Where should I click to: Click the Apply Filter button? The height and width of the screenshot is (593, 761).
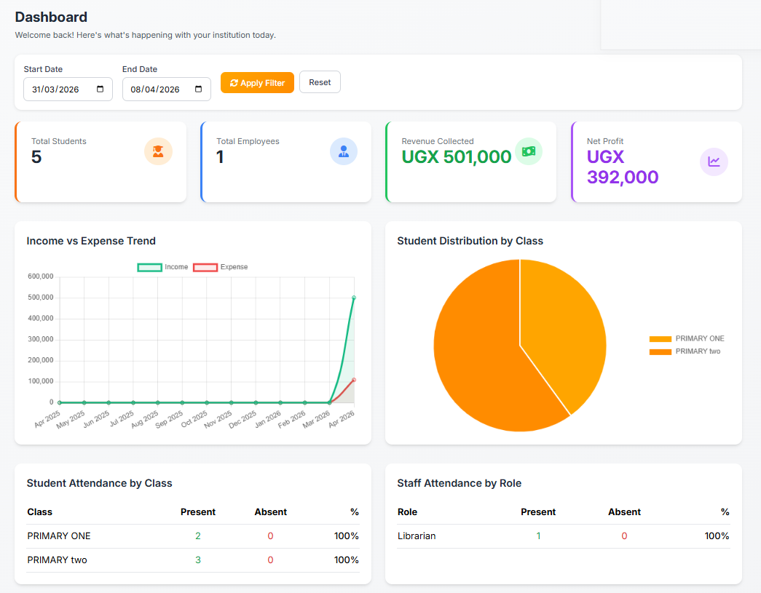tap(257, 83)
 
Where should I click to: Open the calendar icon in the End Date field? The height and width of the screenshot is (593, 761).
tap(199, 89)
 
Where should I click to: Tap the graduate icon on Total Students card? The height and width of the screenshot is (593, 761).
tap(158, 151)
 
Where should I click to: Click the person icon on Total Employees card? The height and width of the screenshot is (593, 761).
tap(344, 151)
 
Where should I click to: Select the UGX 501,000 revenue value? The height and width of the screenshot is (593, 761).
tap(457, 156)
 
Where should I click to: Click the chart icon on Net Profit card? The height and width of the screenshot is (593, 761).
tap(714, 162)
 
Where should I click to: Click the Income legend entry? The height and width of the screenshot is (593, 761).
tap(163, 267)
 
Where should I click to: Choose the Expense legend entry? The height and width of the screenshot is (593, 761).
tap(220, 267)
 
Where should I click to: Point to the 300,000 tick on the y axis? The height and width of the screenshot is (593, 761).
tap(41, 340)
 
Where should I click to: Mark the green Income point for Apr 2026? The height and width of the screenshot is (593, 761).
tap(354, 298)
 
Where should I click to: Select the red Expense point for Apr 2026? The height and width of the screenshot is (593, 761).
tap(354, 380)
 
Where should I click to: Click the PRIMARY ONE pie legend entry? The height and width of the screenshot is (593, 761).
tap(687, 339)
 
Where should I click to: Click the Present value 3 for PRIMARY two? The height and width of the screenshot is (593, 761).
tap(198, 560)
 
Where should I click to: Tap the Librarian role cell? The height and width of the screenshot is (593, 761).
tap(417, 536)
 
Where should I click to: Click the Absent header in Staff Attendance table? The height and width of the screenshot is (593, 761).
tap(624, 512)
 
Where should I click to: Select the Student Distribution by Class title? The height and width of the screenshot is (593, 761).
tap(470, 241)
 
